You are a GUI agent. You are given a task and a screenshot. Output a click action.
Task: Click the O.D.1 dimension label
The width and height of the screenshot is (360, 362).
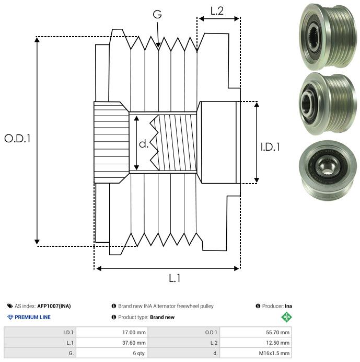tap(18, 139)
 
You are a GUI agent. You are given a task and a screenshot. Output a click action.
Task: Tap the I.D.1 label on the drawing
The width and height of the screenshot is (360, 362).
tap(270, 147)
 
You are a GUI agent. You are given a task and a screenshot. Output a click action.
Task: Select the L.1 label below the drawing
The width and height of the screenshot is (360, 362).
tap(175, 278)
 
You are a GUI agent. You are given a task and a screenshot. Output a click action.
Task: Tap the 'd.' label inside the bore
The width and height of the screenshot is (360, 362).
tap(143, 143)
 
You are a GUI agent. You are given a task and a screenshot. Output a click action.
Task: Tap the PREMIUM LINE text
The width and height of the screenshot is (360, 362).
tap(32, 317)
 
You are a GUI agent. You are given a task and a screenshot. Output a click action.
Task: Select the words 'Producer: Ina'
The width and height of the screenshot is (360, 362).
tap(276, 306)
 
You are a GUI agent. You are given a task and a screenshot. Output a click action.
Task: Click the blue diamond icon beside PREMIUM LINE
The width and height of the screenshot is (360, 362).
tap(10, 317)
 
